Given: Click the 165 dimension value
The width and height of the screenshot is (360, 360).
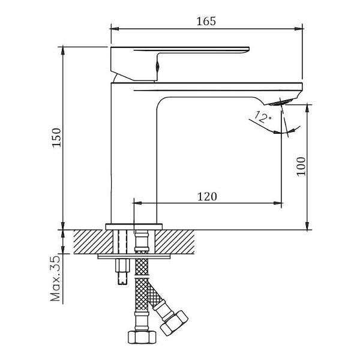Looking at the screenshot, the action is pyautogui.click(x=206, y=21).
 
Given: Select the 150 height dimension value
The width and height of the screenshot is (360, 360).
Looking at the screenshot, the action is pyautogui.click(x=56, y=137).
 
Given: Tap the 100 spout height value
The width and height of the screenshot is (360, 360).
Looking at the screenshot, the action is pyautogui.click(x=301, y=167).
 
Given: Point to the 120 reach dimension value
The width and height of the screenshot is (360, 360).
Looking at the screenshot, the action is pyautogui.click(x=207, y=197).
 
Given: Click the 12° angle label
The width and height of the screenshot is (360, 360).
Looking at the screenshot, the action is pyautogui.click(x=263, y=117).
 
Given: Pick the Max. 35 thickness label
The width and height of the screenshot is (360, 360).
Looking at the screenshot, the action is pyautogui.click(x=55, y=278).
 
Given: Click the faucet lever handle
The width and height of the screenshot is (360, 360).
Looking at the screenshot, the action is pyautogui.click(x=179, y=64).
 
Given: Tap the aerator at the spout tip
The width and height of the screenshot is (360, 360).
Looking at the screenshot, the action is pyautogui.click(x=281, y=102).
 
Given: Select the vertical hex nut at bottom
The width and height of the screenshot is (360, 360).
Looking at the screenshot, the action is pyautogui.click(x=142, y=337).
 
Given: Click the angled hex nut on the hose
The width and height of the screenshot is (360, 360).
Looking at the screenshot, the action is pyautogui.click(x=174, y=323).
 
